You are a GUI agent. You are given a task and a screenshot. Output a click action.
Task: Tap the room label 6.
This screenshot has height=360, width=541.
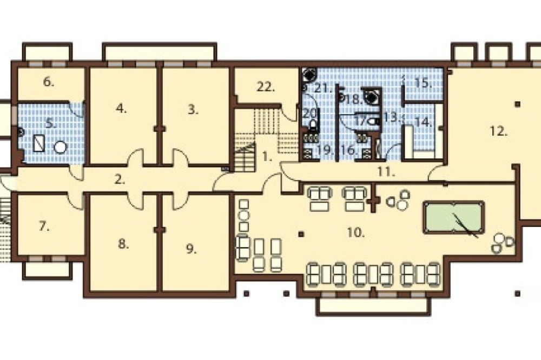coord(49,82)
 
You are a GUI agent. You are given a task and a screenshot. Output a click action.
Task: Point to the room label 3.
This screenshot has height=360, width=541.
coord(193,110)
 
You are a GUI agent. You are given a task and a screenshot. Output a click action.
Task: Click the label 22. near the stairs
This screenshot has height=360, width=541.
coord(266,87)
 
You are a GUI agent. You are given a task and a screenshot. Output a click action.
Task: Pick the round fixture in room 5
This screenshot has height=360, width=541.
coord(60,148)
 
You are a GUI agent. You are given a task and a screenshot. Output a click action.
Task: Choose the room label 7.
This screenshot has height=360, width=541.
coord(44,226)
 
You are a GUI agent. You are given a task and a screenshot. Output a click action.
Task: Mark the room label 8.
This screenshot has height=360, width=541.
coord(123,244)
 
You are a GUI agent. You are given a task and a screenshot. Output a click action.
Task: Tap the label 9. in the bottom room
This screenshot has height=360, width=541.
coord(191,249)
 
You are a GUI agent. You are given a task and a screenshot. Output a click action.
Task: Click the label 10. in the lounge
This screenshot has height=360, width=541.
coord(356,232)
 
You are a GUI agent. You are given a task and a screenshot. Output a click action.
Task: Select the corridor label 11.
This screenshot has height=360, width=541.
coord(386,172)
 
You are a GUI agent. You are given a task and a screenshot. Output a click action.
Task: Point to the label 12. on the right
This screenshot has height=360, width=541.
coord(499,131)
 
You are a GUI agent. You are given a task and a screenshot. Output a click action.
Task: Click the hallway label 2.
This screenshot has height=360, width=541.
coord(120,179)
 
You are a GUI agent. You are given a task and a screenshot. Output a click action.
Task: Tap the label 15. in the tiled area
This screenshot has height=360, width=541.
coord(423,83)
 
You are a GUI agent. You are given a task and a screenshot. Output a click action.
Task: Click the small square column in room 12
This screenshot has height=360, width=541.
coord(518,104)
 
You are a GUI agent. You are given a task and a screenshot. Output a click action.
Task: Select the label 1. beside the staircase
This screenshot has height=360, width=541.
coord(267,157)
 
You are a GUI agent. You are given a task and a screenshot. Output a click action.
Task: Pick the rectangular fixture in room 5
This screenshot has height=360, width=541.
coord(39,143)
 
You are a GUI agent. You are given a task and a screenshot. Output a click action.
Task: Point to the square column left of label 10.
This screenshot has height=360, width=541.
coord(301,235)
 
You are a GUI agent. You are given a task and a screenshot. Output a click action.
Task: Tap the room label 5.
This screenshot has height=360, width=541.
coord(51,123)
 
